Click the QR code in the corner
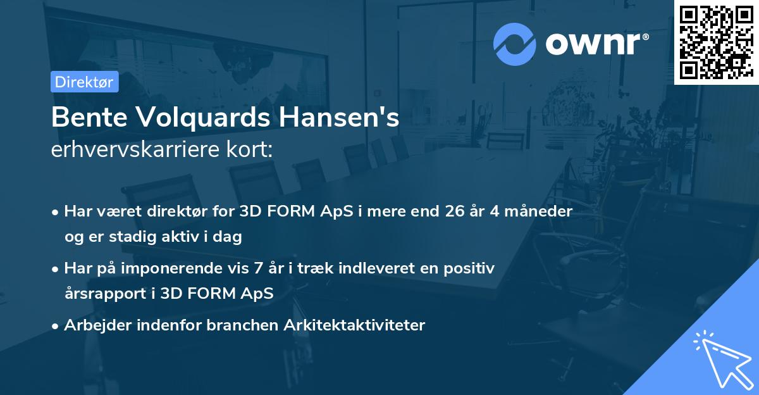coord(716,42)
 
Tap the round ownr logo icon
coord(514,44)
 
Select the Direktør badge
coord(85,82)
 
